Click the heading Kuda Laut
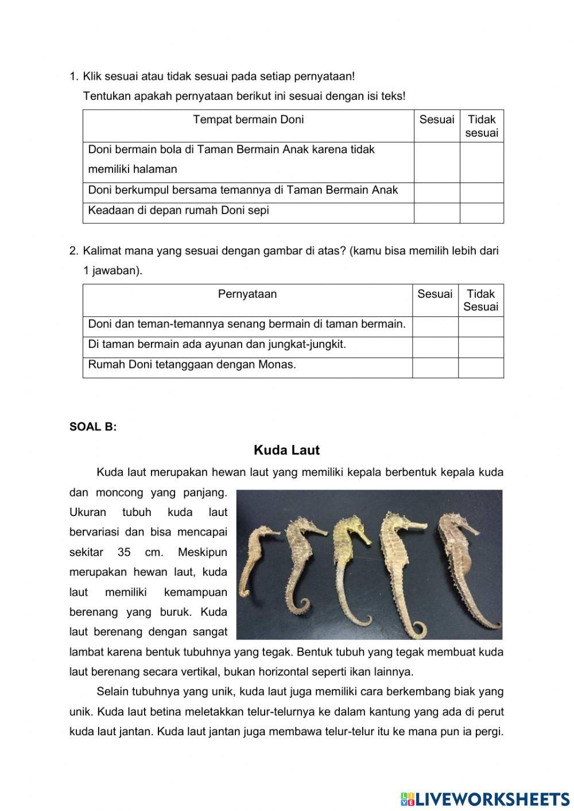[x=286, y=450]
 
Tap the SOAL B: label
[x=93, y=427]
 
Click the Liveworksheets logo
[x=485, y=798]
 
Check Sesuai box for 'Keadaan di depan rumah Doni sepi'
[x=436, y=213]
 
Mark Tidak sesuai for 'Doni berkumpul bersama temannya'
[x=482, y=193]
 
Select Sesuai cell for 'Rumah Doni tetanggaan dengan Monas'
[x=435, y=367]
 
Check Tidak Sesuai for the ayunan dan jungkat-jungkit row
[x=480, y=347]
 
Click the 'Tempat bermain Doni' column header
[x=248, y=120]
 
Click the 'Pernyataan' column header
[x=247, y=294]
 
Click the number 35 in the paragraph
[x=124, y=552]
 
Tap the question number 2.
[x=73, y=251]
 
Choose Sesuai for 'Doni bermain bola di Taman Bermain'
[x=436, y=162]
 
